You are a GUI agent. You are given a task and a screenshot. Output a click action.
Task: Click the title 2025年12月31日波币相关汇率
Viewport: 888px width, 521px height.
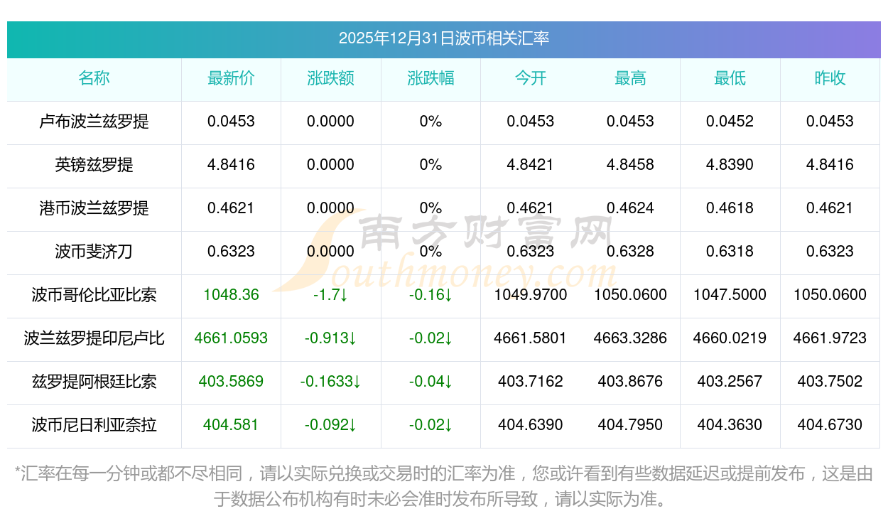click(443, 38)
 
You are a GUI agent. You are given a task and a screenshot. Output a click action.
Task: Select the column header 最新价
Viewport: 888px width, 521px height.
click(231, 78)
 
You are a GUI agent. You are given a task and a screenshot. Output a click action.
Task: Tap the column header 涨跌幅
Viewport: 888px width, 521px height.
click(431, 78)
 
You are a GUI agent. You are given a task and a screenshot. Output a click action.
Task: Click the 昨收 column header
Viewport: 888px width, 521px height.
click(830, 78)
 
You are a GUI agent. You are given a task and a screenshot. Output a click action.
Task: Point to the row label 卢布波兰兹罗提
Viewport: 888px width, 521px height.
click(94, 122)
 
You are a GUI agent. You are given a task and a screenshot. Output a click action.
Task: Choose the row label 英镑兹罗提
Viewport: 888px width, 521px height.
click(94, 165)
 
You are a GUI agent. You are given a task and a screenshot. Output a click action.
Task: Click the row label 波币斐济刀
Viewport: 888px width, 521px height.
click(94, 252)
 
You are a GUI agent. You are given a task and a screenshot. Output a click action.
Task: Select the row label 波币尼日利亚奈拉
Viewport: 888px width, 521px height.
click(94, 425)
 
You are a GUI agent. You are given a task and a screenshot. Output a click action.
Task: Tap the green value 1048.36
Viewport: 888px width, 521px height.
click(231, 295)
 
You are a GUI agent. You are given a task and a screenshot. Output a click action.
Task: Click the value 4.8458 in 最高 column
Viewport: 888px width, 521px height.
click(630, 165)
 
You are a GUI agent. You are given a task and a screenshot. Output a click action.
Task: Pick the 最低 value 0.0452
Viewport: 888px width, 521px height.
click(730, 122)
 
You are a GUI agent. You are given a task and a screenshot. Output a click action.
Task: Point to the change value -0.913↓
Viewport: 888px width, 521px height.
click(330, 338)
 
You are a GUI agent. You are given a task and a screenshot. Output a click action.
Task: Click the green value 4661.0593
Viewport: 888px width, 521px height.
click(231, 338)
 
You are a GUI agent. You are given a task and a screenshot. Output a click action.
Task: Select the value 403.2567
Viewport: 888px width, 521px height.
click(730, 382)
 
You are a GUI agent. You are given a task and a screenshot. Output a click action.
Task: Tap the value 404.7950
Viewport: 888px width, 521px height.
click(630, 425)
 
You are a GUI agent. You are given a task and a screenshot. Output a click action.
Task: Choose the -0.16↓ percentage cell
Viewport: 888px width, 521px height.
click(431, 295)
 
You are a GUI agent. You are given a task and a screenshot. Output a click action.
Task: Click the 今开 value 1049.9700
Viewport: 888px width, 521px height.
click(531, 295)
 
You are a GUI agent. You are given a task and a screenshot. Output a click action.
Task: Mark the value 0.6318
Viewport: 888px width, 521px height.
click(730, 252)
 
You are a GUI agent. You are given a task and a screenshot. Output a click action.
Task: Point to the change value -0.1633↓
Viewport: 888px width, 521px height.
click(330, 382)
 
